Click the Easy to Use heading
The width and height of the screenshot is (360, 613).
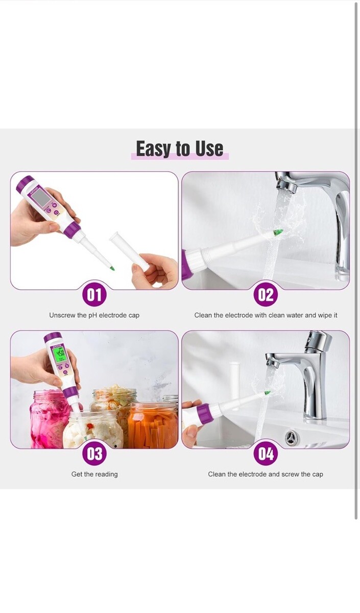[x=180, y=149]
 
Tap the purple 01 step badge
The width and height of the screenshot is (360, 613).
[x=94, y=295]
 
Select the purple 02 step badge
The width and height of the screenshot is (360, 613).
[x=266, y=295]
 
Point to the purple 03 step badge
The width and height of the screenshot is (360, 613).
[x=94, y=454]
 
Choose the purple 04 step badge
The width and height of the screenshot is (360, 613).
[x=266, y=454]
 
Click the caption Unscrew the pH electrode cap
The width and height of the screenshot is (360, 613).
[x=94, y=315]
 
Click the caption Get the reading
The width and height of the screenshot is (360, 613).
[x=94, y=474]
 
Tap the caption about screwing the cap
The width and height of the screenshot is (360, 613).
[x=266, y=474]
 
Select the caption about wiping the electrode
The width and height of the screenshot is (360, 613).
[x=266, y=315]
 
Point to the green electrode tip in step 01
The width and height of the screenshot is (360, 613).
[x=112, y=269]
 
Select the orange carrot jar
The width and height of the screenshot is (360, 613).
[x=153, y=425]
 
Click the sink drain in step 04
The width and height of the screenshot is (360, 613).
[x=292, y=438]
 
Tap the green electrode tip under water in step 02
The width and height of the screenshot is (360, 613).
[x=278, y=232]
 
